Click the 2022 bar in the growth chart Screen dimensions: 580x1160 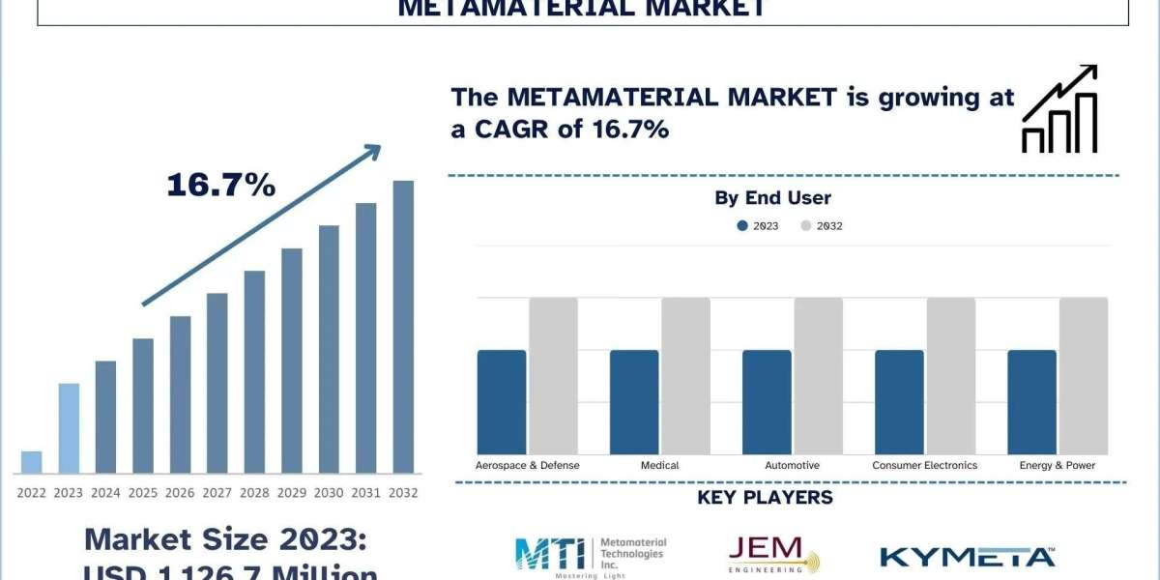click(x=31, y=462)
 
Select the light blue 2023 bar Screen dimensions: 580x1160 click(x=68, y=428)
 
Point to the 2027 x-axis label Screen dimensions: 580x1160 click(x=217, y=493)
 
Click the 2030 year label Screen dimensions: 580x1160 click(x=329, y=493)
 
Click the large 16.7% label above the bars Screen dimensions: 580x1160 click(x=220, y=186)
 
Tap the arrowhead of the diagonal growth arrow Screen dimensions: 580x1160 click(x=371, y=153)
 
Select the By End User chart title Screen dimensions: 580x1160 click(x=772, y=198)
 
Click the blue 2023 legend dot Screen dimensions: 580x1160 click(x=742, y=225)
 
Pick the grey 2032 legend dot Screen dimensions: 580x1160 click(x=806, y=225)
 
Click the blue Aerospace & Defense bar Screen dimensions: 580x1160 click(x=502, y=402)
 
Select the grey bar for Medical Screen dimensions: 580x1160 click(x=685, y=376)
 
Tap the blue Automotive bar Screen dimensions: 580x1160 click(x=767, y=402)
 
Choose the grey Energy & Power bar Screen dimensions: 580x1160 click(x=1084, y=376)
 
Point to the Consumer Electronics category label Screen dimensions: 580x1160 click(x=924, y=465)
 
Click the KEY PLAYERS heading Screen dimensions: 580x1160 click(x=765, y=498)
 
